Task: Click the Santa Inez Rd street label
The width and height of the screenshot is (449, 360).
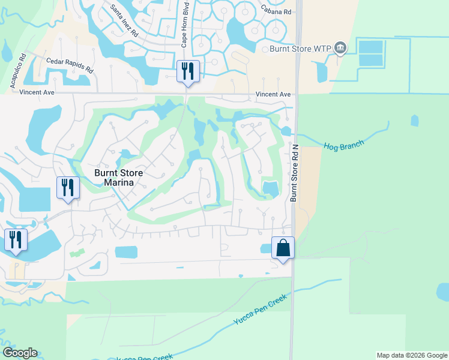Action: pyautogui.click(x=126, y=19)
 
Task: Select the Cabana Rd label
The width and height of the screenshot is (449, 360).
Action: pyautogui.click(x=276, y=10)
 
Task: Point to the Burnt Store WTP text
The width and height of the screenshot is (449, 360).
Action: pyautogui.click(x=298, y=49)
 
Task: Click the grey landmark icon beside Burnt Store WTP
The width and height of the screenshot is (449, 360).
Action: pyautogui.click(x=340, y=47)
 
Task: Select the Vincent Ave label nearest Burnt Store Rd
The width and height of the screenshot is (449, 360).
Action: pyautogui.click(x=273, y=95)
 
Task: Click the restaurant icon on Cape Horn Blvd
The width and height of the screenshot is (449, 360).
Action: pyautogui.click(x=187, y=71)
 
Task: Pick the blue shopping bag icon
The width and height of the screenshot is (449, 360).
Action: pyautogui.click(x=282, y=247)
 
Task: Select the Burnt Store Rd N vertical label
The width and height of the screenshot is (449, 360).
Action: pyautogui.click(x=294, y=171)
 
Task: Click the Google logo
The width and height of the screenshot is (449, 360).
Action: pyautogui.click(x=20, y=353)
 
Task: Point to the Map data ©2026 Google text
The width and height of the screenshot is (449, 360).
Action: pyautogui.click(x=412, y=355)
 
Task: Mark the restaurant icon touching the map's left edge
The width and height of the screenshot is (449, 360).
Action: pyautogui.click(x=15, y=239)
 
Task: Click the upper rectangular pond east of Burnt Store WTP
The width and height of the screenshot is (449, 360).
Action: pyautogui.click(x=370, y=47)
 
